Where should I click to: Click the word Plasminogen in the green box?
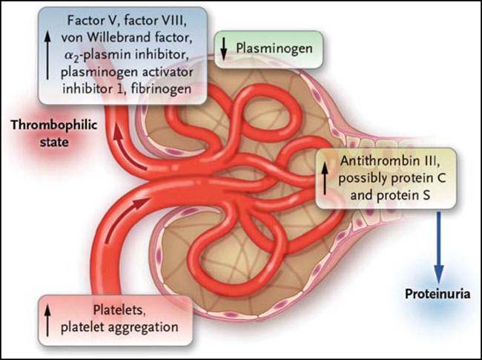click(274, 49)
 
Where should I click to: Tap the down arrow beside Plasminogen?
click(224, 49)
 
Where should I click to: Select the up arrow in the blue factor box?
click(47, 55)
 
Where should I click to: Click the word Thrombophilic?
click(54, 125)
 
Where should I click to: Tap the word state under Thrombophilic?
click(54, 143)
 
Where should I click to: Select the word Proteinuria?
click(438, 294)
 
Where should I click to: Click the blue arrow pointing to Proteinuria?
click(439, 247)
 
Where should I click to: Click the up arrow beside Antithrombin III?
click(325, 178)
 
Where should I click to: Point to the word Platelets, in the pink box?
click(119, 310)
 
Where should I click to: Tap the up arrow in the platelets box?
click(47, 320)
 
